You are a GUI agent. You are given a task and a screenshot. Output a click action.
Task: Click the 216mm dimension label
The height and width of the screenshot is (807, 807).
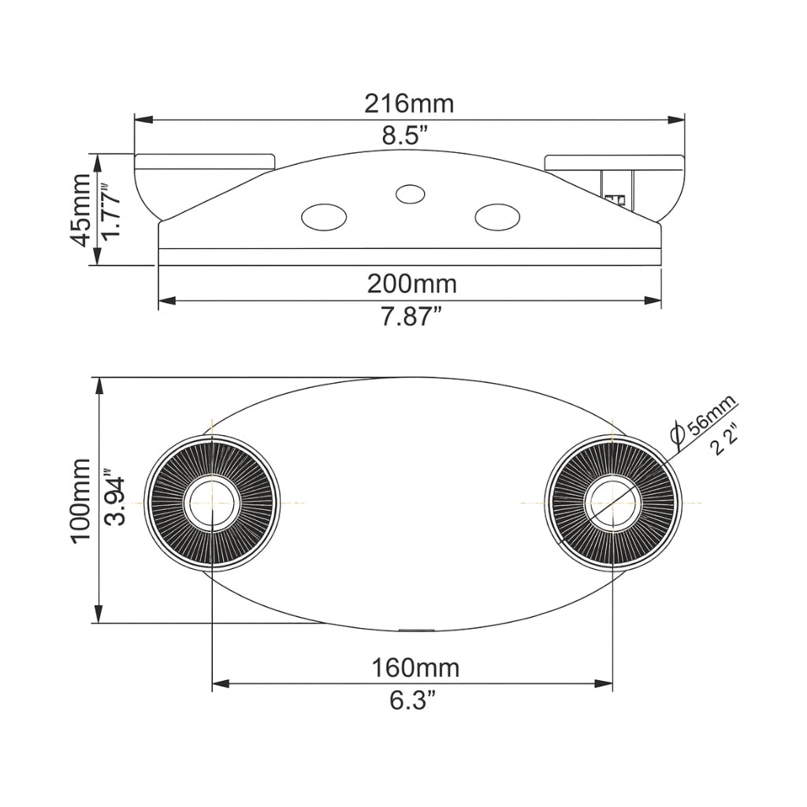[x=409, y=103]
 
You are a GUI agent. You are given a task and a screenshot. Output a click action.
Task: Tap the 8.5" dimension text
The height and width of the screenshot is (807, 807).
[x=406, y=136]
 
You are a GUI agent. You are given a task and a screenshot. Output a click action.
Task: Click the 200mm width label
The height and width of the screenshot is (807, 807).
[x=411, y=284]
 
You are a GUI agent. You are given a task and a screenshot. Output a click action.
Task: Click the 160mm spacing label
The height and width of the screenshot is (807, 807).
[x=415, y=668]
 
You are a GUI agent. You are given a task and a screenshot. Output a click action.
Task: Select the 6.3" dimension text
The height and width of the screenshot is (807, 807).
[x=413, y=701]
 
